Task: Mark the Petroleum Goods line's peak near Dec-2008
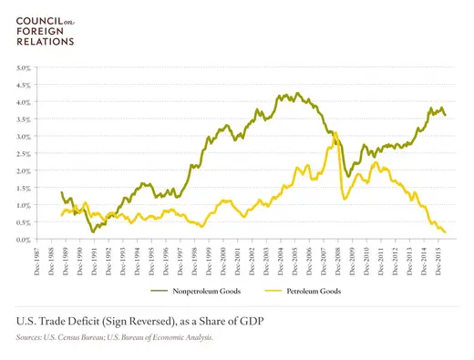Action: (335, 133)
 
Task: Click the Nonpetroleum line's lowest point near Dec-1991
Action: (93, 232)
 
